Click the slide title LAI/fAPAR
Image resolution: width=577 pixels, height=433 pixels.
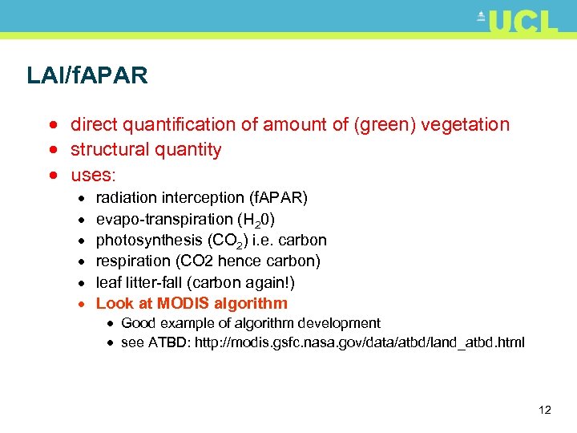87,76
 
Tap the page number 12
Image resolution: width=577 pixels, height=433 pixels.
545,411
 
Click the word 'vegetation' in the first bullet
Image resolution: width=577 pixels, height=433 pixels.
465,125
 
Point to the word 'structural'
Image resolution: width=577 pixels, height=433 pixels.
107,150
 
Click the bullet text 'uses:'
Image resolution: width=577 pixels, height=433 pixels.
94,174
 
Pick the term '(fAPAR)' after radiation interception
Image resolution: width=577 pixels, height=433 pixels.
277,198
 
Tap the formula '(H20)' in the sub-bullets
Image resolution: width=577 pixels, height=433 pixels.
259,220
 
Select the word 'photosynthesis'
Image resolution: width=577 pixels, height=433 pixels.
149,241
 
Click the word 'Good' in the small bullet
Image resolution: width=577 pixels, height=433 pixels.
138,323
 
